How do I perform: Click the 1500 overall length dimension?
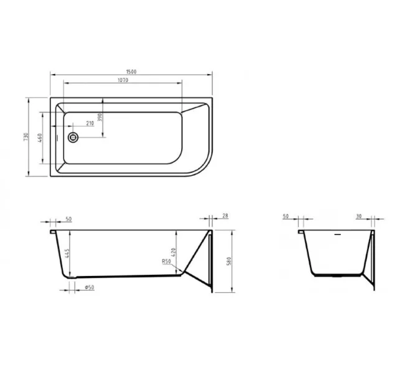pyautogui.click(x=131, y=72)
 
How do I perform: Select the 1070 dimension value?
pyautogui.click(x=123, y=82)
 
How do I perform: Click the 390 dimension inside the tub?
pyautogui.click(x=100, y=118)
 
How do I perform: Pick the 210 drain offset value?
pyautogui.click(x=90, y=123)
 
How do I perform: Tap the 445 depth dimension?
pyautogui.click(x=65, y=254)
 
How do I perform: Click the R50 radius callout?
pyautogui.click(x=166, y=262)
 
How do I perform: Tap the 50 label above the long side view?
pyautogui.click(x=68, y=220)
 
